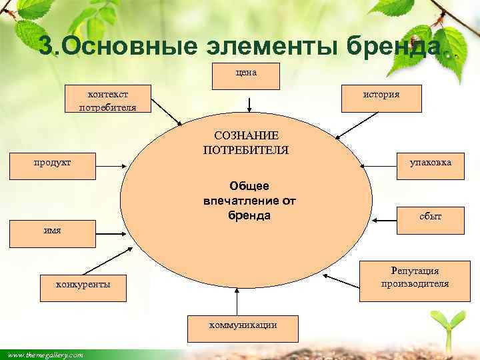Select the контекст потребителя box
pyautogui.click(x=107, y=99)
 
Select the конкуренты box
pyautogui.click(x=83, y=285)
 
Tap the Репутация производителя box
pyautogui.click(x=415, y=277)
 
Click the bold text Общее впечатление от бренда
pyautogui.click(x=249, y=200)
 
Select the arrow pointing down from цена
pyautogui.click(x=249, y=104)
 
